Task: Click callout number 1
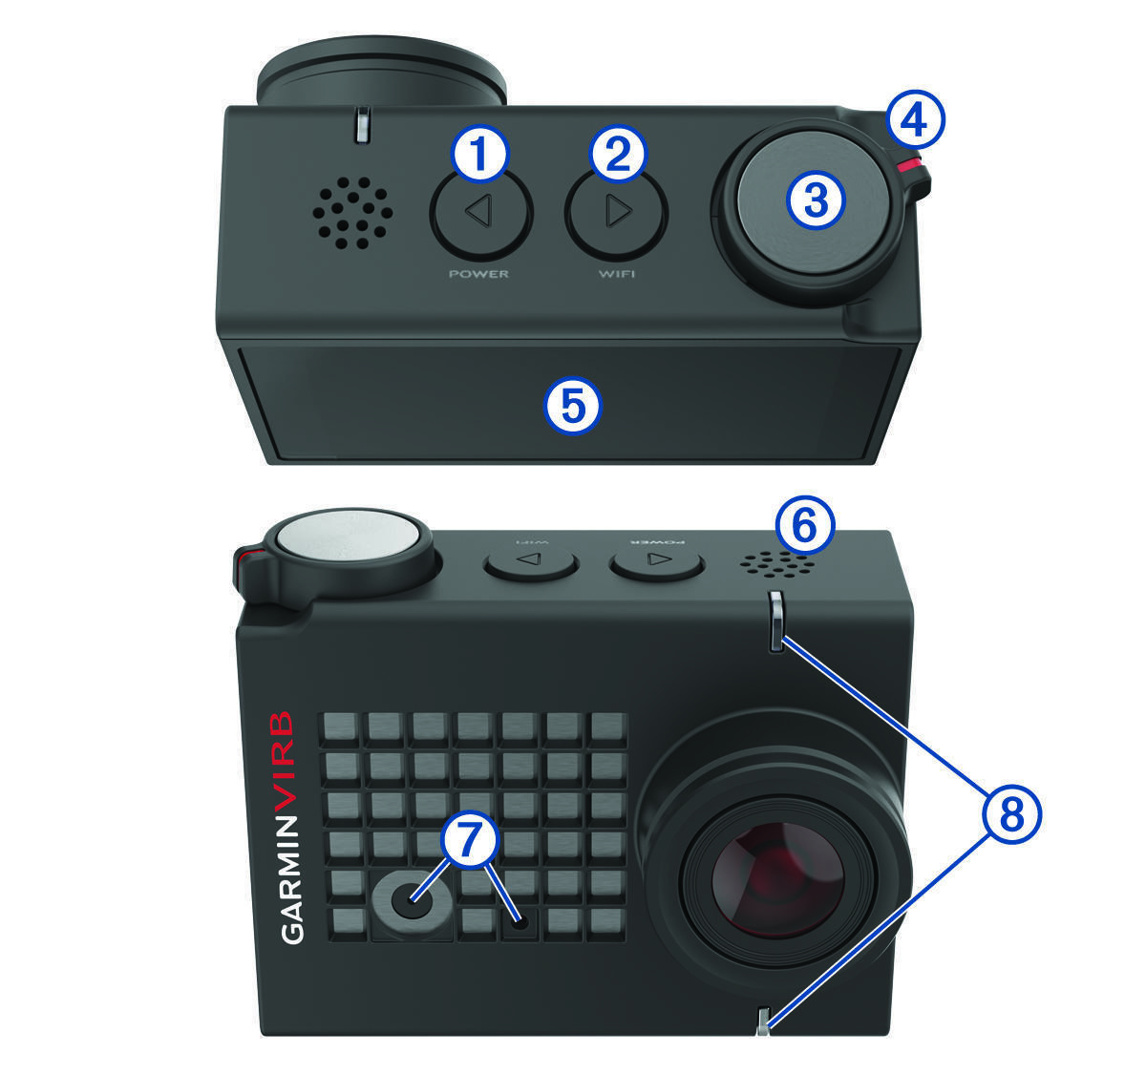coord(479,153)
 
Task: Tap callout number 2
coord(618,153)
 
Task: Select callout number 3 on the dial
coord(816,200)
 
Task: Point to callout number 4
coord(916,119)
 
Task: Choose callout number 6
coord(805,525)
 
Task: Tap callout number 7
coord(470,838)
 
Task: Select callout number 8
coord(1011,815)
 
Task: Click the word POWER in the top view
coord(479,274)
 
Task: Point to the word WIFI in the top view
coord(617,274)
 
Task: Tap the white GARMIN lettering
coord(291,879)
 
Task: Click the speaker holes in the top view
coord(352,213)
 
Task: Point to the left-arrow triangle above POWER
coord(479,211)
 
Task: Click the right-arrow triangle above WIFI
coord(619,211)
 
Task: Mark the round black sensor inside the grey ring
coord(412,899)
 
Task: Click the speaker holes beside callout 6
coord(776,564)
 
